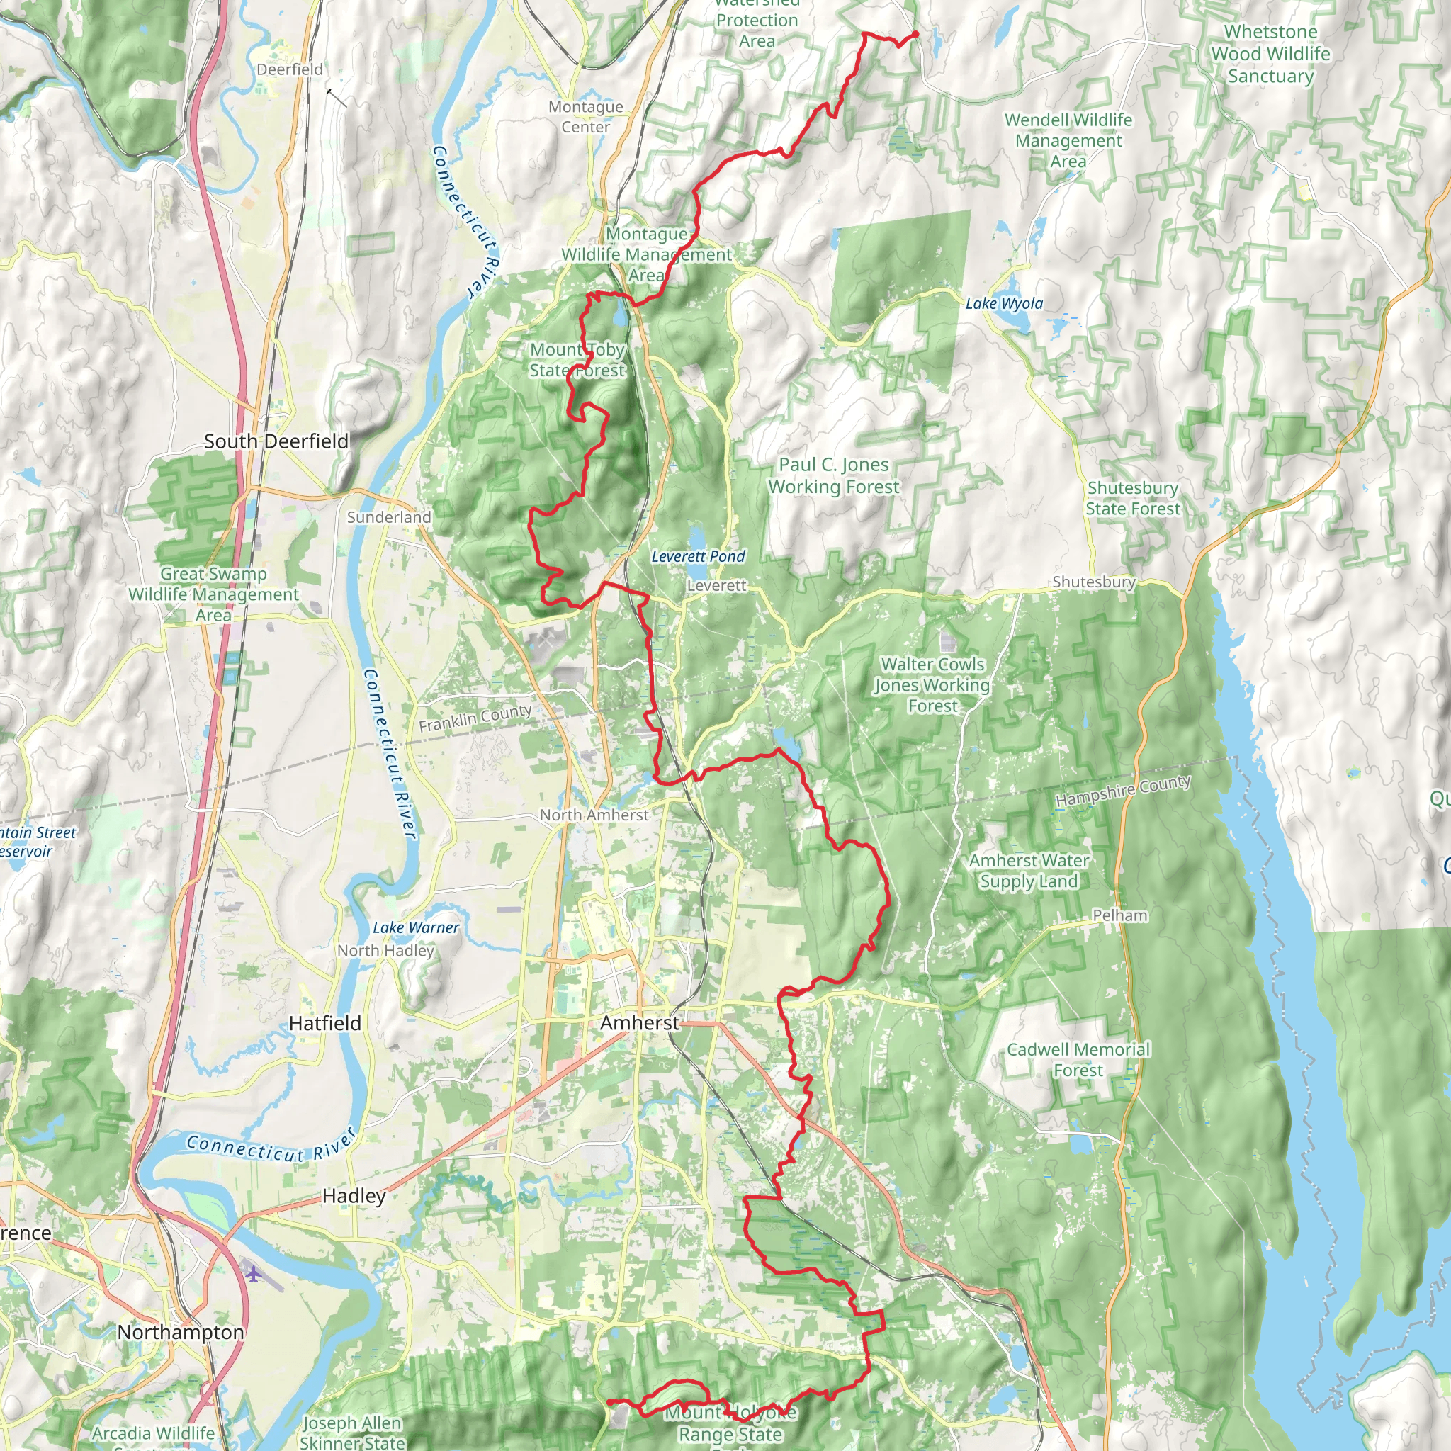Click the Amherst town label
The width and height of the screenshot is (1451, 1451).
(639, 1023)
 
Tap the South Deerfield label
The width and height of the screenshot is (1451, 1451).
(276, 441)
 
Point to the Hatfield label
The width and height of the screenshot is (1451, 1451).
(325, 1024)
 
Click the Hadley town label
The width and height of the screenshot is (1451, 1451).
(354, 1196)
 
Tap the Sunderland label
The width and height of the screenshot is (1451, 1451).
(389, 517)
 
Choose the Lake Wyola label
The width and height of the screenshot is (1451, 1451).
(1004, 303)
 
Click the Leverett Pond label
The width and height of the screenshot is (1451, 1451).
(698, 556)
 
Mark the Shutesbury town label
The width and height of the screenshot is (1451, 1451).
(1093, 582)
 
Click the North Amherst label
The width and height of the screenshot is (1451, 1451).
(594, 815)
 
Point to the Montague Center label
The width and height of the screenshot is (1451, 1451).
(586, 117)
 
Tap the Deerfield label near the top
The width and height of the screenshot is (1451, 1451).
(290, 70)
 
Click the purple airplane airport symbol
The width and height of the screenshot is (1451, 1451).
(254, 1274)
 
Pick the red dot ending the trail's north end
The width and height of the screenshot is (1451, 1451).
(915, 35)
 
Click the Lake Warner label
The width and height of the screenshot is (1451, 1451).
(416, 927)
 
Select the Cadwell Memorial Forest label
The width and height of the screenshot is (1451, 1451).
(1078, 1060)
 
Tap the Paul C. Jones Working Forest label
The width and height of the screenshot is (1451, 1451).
(834, 475)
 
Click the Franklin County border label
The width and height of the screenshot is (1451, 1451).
(475, 718)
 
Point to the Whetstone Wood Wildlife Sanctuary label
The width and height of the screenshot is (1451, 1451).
(1271, 54)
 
